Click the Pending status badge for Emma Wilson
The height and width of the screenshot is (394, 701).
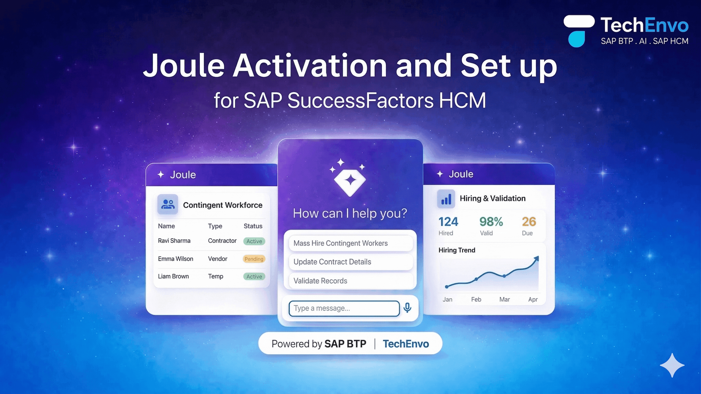click(254, 259)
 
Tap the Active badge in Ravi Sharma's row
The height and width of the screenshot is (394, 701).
click(254, 241)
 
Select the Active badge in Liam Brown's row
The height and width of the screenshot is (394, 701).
click(254, 277)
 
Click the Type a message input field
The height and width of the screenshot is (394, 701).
click(344, 308)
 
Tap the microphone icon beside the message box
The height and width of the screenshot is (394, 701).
click(407, 308)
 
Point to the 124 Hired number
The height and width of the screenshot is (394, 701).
click(448, 222)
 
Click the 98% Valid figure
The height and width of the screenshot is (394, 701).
click(491, 222)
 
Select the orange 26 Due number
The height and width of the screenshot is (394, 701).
click(529, 222)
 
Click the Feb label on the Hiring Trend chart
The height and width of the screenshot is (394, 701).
click(476, 299)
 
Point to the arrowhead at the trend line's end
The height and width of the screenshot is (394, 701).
click(537, 258)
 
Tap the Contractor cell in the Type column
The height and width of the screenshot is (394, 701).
click(222, 241)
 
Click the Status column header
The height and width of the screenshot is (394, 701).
click(253, 226)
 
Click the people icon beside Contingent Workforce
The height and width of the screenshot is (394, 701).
click(168, 204)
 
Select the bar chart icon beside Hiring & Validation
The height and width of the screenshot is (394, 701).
click(446, 199)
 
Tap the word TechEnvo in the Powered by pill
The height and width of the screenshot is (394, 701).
click(406, 344)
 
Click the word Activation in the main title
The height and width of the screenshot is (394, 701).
click(310, 66)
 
